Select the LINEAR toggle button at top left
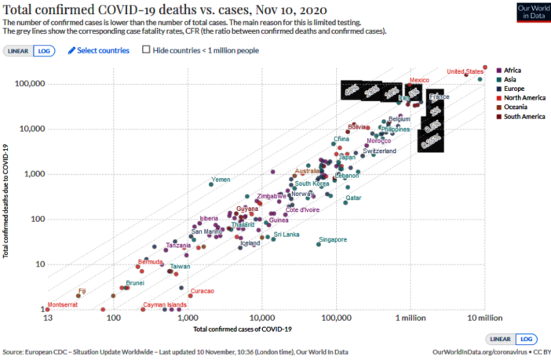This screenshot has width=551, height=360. pyautogui.click(x=18, y=50)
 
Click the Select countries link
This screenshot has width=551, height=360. pyautogui.click(x=98, y=50)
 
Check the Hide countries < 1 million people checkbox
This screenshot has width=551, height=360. pyautogui.click(x=146, y=50)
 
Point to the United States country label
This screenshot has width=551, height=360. pyautogui.click(x=465, y=72)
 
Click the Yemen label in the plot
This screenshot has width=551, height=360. pyautogui.click(x=221, y=180)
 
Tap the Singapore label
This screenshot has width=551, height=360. pyautogui.click(x=333, y=239)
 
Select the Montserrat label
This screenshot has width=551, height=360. pyautogui.click(x=63, y=304)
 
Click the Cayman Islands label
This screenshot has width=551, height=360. pyautogui.click(x=164, y=304)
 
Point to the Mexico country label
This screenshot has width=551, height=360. pyautogui.click(x=420, y=81)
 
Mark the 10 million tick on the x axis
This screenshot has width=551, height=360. pyautogui.click(x=484, y=318)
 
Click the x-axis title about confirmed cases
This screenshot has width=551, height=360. pyautogui.click(x=243, y=328)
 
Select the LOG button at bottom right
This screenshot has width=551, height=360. pyautogui.click(x=525, y=338)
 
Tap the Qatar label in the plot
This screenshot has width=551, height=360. pyautogui.click(x=353, y=198)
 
